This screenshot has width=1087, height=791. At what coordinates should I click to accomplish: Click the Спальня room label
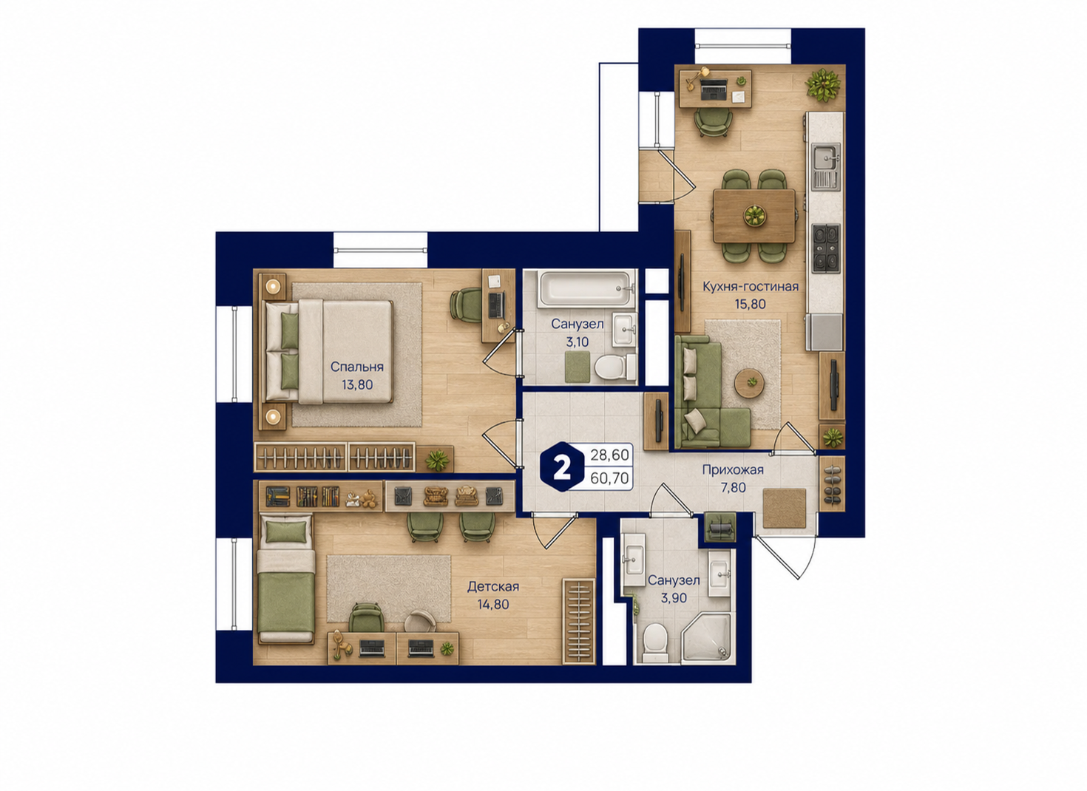(356, 367)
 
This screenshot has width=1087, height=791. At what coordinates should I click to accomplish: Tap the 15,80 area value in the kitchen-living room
(751, 305)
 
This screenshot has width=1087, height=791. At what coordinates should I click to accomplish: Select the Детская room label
(493, 587)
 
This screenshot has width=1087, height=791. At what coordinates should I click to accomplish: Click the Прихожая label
(733, 469)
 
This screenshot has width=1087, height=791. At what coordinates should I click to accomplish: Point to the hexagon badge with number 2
(562, 466)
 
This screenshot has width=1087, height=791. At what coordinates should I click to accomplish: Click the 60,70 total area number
(609, 479)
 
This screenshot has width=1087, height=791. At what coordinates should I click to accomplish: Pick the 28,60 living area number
(609, 455)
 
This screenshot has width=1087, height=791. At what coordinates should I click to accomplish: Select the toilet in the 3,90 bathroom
(655, 642)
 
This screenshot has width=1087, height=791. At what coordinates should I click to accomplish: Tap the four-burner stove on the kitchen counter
(825, 248)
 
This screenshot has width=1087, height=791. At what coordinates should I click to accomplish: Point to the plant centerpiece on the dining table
(754, 215)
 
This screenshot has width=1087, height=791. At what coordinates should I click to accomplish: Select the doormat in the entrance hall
(784, 508)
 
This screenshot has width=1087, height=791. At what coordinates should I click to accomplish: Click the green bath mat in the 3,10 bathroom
(578, 367)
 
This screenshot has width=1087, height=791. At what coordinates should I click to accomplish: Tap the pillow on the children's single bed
(287, 532)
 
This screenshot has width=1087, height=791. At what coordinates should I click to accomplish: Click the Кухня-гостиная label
(751, 286)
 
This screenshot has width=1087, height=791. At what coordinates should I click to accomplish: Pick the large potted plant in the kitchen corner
(823, 85)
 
